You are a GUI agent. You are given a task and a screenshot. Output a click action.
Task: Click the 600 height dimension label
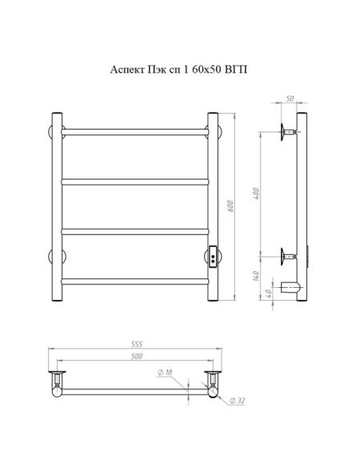coord(230,206)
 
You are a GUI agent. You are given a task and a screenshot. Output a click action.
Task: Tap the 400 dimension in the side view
coord(255,194)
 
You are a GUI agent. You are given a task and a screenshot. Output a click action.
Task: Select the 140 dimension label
coord(256,276)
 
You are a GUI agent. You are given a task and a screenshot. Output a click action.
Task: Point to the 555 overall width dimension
coord(136,344)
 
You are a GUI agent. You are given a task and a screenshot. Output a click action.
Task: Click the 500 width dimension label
coord(137,356)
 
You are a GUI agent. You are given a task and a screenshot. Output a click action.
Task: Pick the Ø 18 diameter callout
coord(165,372)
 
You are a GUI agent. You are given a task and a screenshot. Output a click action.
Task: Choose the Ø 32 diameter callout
coord(238,401)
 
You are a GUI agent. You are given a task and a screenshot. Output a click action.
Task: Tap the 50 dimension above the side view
coord(290,98)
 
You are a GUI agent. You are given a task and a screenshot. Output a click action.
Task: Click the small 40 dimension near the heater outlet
coord(269,292)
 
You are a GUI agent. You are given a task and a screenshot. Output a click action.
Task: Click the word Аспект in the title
coord(127,70)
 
